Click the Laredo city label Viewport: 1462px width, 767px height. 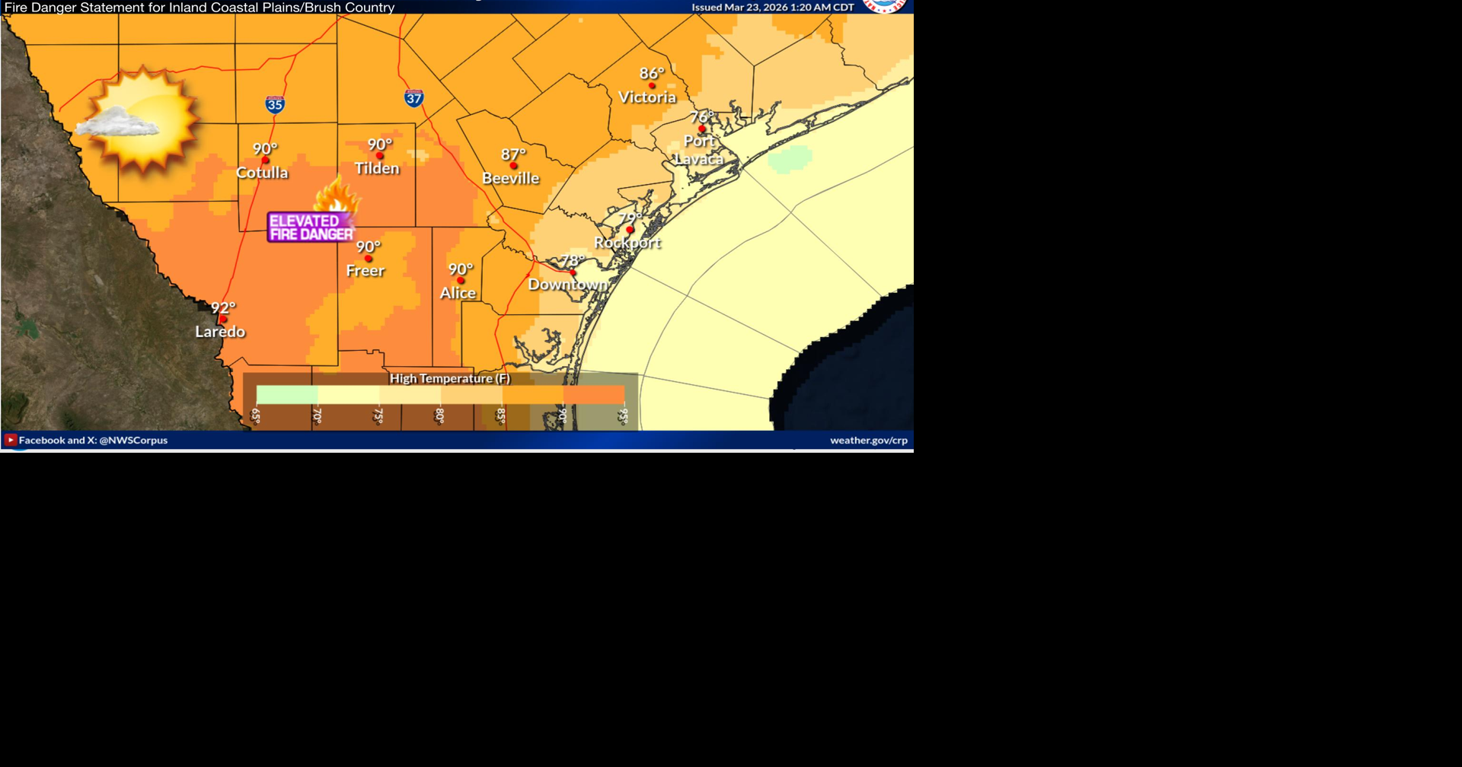point(220,332)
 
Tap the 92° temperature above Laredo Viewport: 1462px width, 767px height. point(223,308)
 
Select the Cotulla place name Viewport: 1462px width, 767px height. point(262,173)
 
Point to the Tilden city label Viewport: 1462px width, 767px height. point(377,168)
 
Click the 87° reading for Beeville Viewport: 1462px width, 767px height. point(513,154)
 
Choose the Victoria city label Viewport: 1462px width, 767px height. point(647,97)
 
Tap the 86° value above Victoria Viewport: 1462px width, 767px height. point(652,74)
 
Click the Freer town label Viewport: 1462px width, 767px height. point(365,271)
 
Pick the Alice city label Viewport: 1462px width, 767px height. point(458,293)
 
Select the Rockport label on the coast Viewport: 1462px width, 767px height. point(627,243)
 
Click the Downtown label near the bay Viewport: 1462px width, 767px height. point(568,285)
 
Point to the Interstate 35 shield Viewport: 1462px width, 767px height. point(275,105)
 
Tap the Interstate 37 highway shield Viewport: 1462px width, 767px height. point(413,98)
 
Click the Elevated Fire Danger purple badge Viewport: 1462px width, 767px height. point(311,228)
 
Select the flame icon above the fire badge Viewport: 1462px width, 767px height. point(337,197)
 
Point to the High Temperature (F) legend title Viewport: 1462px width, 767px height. point(450,379)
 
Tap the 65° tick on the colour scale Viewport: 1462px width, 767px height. point(256,415)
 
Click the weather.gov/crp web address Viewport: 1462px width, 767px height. point(868,441)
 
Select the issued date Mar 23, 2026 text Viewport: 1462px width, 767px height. point(773,8)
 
